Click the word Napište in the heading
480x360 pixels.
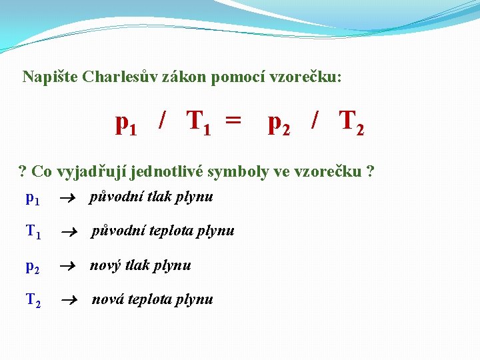[x=50, y=77]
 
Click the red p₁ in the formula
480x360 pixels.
[x=126, y=125]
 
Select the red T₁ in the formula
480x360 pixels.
[x=199, y=123]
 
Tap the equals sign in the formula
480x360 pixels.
[x=233, y=119]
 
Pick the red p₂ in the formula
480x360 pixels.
[x=279, y=125]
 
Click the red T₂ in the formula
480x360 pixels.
[x=351, y=123]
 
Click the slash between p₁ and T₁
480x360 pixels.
[x=162, y=120]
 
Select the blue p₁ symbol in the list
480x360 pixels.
[x=33, y=199]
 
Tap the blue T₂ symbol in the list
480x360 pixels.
[x=33, y=300]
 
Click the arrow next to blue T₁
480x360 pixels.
[x=69, y=233]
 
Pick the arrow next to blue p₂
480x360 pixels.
[x=67, y=266]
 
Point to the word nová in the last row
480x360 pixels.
[x=108, y=299]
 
